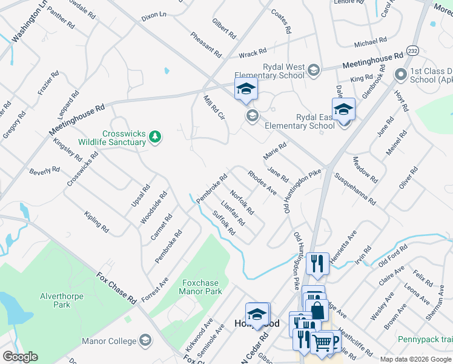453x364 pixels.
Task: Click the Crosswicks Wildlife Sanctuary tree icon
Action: (156, 136)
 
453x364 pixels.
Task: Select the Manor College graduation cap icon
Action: (144, 340)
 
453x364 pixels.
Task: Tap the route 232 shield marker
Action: (412, 50)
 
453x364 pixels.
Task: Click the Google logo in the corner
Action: (20, 357)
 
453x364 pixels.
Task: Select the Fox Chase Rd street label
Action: (116, 288)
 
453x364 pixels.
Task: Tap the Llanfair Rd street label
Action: (233, 213)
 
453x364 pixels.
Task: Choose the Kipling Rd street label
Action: (96, 223)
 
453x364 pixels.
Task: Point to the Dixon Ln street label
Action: (153, 18)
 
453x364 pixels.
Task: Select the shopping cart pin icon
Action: (322, 343)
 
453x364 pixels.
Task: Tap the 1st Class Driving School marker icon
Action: (400, 75)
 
